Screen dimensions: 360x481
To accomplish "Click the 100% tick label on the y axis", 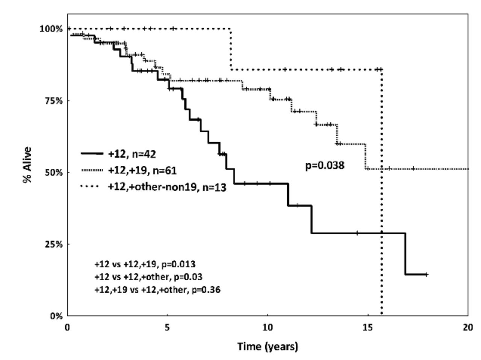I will tap(51, 29).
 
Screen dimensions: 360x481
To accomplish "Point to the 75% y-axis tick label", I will tap(53, 101).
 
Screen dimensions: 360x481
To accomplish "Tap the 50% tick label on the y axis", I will tap(53, 172).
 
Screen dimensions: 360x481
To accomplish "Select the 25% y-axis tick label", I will tap(53, 244).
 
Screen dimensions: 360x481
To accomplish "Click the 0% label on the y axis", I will tap(56, 316).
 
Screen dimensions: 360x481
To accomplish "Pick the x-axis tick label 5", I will tap(167, 328).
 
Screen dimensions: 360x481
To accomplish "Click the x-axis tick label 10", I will tap(267, 328).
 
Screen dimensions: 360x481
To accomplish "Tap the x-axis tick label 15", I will tap(368, 328).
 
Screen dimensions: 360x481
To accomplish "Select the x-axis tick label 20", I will tap(468, 328).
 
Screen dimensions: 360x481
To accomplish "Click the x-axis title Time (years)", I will tap(267, 346).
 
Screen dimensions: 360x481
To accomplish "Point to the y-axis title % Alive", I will tap(27, 165).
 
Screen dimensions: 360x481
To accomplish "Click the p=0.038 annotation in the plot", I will tap(324, 165).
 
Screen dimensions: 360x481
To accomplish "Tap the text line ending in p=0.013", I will tap(145, 264).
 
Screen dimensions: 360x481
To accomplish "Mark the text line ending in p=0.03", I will tap(148, 277).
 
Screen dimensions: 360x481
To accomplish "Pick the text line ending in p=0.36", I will tap(157, 290).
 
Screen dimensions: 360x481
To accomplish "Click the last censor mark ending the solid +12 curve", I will tap(426, 275).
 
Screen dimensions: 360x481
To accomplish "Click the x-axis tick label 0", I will tap(67, 328).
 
